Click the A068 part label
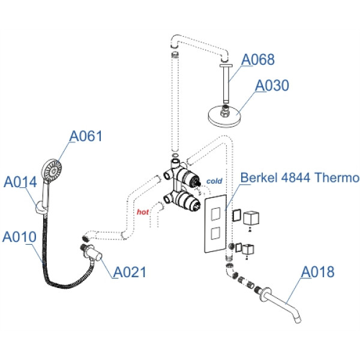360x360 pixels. pos(258,60)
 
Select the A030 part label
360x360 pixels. pos(272,86)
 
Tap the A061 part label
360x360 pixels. pos(86,137)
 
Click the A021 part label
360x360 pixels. pos(130,272)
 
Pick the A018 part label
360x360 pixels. pos(317,272)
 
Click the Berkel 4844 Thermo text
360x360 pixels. pos(299,178)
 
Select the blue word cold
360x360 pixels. pos(214,181)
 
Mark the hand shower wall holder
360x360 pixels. pos(40,206)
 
